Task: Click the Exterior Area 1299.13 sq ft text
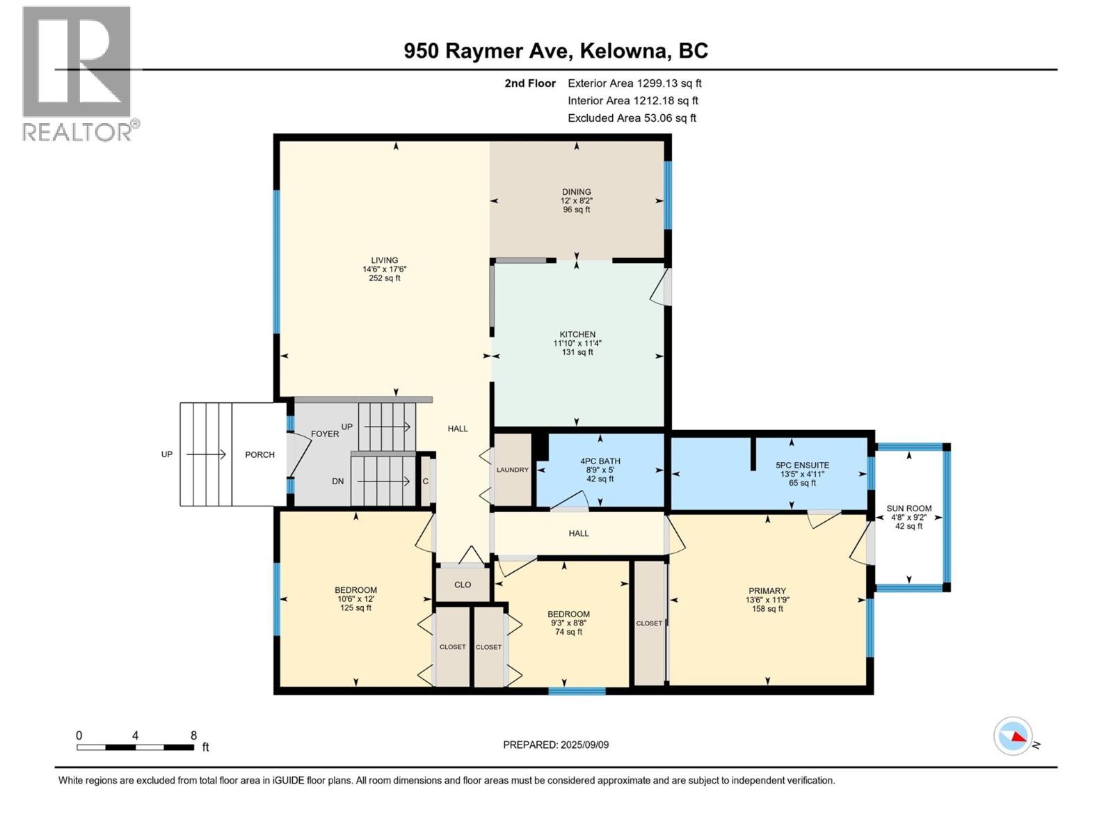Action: coord(634,83)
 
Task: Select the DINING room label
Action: coord(577,192)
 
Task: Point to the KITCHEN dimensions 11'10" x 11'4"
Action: coord(577,343)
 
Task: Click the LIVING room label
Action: coord(384,260)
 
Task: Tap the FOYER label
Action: coord(325,434)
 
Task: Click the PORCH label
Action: coord(259,454)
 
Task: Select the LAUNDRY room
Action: coord(513,470)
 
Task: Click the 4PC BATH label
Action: coord(600,461)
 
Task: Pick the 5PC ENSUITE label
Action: coord(802,466)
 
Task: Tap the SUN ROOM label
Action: coord(908,509)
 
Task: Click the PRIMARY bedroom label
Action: coord(767,591)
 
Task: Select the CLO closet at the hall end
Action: coord(463,584)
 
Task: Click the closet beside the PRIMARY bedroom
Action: coord(649,623)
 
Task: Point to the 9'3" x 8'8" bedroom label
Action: coord(568,623)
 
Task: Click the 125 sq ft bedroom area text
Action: coord(355,608)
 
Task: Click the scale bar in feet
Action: coord(136,747)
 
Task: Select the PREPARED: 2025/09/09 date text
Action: coord(556,745)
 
